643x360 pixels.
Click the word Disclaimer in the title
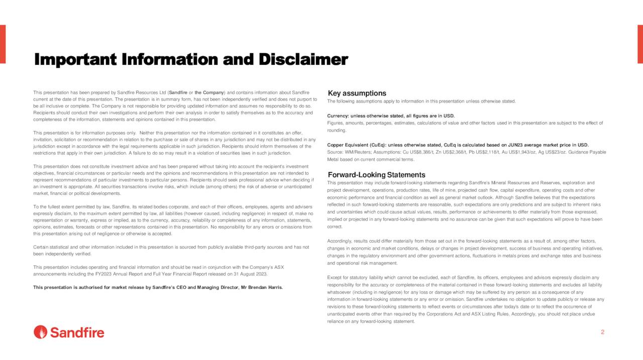(x=303, y=60)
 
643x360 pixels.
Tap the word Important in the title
(x=75, y=60)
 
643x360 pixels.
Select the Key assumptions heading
(x=357, y=93)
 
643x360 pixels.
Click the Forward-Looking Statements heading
(x=376, y=175)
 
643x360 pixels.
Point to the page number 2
(x=602, y=332)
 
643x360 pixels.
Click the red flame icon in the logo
(x=41, y=332)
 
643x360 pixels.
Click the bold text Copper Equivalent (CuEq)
(x=356, y=145)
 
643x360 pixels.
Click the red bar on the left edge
(x=3, y=44)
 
